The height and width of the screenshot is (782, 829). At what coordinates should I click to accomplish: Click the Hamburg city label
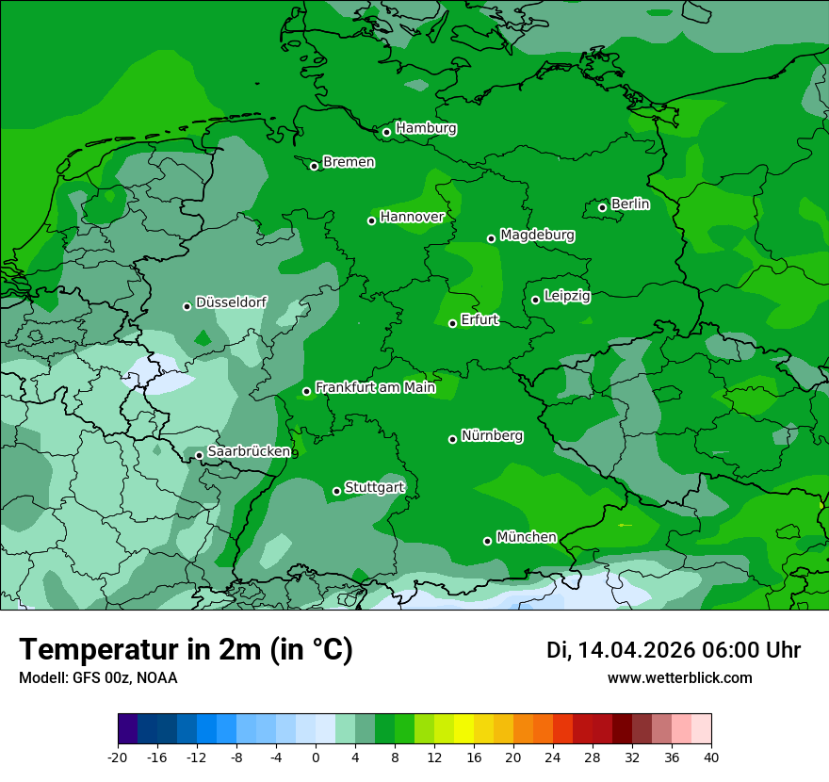[x=426, y=128]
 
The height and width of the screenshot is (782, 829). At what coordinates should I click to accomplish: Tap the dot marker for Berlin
[x=602, y=207]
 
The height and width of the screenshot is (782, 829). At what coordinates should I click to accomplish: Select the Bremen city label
[x=349, y=162]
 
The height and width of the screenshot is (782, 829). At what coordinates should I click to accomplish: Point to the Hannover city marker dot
[x=371, y=220]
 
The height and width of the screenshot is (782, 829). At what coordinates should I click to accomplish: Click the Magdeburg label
[x=537, y=235]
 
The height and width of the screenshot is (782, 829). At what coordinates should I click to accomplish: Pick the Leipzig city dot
[x=535, y=300]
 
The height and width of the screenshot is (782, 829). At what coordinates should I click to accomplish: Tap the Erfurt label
[x=480, y=320]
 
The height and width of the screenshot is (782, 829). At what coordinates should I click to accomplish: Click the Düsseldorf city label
[x=231, y=303]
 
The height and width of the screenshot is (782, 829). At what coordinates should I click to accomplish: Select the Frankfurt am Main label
[x=375, y=387]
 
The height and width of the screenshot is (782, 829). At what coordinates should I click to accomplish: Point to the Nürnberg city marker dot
[x=452, y=439]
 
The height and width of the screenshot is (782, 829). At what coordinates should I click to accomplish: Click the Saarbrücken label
[x=249, y=452]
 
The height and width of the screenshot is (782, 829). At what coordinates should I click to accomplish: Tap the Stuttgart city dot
[x=336, y=491]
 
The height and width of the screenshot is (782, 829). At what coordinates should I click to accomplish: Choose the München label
[x=526, y=537]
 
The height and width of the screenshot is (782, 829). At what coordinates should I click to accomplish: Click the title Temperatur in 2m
[x=186, y=650]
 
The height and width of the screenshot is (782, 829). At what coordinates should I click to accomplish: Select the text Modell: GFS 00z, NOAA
[x=98, y=677]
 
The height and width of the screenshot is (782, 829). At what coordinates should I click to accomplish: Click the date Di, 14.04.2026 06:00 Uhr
[x=674, y=650]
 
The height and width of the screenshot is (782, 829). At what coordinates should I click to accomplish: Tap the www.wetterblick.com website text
[x=679, y=677]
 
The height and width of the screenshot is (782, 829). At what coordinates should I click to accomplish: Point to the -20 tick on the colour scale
[x=118, y=757]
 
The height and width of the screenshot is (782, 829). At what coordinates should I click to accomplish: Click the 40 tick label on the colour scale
[x=711, y=757]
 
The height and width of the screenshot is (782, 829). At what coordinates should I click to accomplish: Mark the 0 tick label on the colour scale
[x=316, y=757]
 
